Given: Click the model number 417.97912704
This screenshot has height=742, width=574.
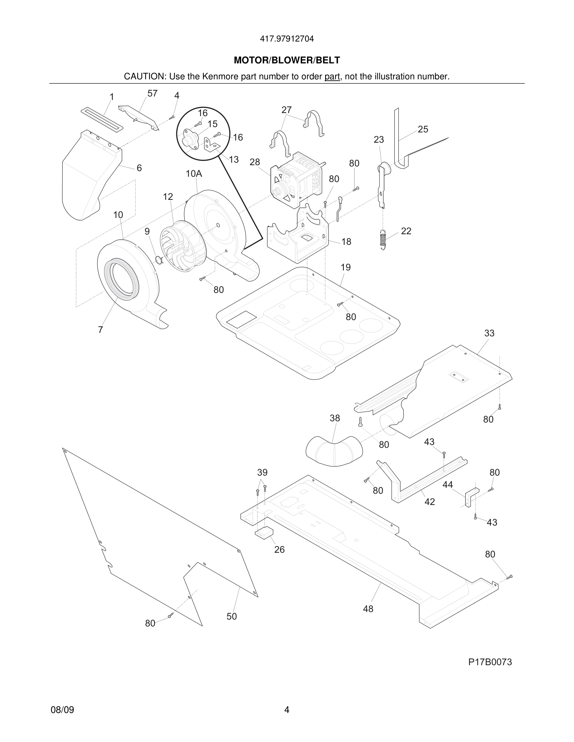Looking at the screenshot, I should pos(287,39).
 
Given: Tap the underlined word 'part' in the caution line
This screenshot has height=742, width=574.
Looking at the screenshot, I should pos(332,77).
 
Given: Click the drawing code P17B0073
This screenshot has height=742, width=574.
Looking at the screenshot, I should pos(490,662).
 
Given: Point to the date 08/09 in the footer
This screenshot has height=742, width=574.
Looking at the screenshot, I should pos(62,710).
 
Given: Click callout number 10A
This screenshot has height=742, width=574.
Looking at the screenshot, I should pos(194,174).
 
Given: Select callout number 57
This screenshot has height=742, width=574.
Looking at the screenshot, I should pos(152,93).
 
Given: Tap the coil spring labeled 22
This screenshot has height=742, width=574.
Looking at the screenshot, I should pos(383,240).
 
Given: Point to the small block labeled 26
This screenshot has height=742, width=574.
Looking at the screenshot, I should pos(264,532).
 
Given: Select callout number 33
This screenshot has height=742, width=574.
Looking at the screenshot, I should pos(489,333).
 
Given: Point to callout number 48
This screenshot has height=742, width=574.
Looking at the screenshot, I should pos(368,609).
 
